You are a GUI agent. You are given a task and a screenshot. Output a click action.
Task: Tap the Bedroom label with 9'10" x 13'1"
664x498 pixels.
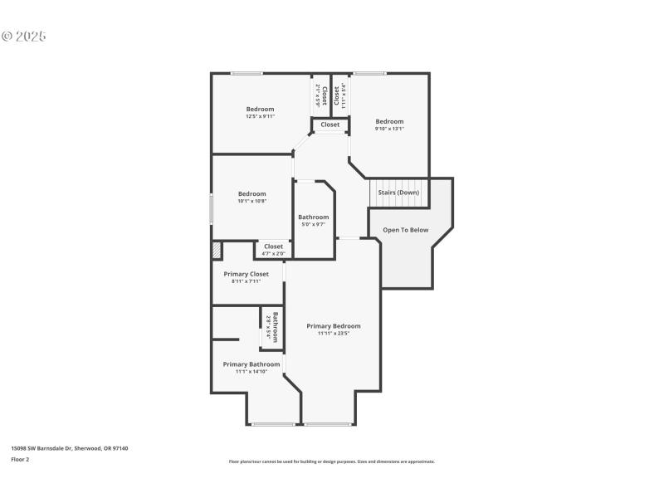tap(388, 122)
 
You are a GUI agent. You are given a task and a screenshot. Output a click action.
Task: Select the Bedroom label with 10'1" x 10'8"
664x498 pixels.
tap(251, 194)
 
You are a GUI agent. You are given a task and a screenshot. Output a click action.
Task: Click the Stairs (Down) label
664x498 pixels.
tap(398, 193)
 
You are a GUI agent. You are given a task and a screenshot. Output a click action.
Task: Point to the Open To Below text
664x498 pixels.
tap(405, 230)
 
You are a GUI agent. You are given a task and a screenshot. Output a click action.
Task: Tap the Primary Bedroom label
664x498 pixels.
tap(334, 326)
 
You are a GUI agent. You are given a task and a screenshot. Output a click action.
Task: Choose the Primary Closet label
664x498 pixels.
tap(246, 274)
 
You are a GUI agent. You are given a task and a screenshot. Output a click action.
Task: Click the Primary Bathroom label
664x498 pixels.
tap(251, 364)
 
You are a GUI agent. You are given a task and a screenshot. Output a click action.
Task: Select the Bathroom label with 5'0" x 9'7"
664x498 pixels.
tap(314, 217)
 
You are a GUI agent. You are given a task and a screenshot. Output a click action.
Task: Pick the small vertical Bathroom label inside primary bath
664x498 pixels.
tap(275, 327)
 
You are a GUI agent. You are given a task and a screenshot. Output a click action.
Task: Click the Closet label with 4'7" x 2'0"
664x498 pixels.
tap(273, 247)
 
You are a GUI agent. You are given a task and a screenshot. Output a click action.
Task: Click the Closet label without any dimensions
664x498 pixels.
tap(330, 124)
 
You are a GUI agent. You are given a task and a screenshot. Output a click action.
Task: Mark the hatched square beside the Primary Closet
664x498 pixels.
tap(217, 251)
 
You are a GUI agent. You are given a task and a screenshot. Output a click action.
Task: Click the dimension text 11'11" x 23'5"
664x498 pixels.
tap(334, 334)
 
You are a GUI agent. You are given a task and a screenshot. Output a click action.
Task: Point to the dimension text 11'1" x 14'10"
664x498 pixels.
tap(251, 372)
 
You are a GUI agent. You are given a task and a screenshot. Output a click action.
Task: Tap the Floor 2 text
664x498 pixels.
tap(20, 459)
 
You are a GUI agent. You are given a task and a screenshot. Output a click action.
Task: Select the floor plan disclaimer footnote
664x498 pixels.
tap(331, 461)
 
